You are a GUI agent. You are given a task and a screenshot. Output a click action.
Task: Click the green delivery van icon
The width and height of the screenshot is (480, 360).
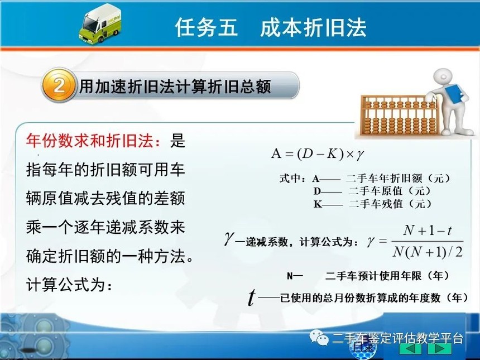click(x=100, y=23)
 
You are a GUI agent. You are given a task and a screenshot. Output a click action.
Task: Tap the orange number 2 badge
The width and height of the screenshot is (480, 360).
click(x=59, y=85)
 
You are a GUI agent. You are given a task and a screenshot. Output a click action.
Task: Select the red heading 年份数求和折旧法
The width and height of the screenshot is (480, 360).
click(x=93, y=141)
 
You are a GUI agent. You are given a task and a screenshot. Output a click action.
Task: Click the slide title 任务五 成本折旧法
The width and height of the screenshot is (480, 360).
click(x=271, y=27)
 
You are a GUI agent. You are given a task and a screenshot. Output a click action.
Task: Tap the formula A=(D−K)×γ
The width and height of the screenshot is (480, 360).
click(x=317, y=153)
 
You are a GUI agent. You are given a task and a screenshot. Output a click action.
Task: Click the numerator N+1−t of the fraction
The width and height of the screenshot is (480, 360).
click(x=428, y=230)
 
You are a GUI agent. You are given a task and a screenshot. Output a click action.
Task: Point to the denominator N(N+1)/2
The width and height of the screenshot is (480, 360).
click(x=428, y=252)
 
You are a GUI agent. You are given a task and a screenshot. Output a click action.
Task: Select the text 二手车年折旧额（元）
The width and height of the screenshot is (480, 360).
click(x=399, y=178)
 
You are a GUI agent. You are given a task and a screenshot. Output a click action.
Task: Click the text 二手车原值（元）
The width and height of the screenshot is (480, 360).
click(x=390, y=191)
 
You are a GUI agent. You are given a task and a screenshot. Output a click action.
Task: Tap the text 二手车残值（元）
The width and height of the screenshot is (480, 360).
click(x=390, y=204)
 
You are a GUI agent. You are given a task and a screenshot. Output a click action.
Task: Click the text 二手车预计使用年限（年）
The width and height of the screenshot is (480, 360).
click(x=387, y=276)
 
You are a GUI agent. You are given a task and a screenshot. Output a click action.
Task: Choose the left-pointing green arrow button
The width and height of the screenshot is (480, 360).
click(x=411, y=348)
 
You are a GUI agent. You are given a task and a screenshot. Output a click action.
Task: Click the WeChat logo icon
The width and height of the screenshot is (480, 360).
click(x=318, y=337)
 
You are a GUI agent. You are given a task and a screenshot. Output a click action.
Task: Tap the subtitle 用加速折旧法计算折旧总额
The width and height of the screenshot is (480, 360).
click(x=175, y=87)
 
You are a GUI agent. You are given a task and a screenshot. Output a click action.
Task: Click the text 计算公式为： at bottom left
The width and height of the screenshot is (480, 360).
click(x=69, y=285)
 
